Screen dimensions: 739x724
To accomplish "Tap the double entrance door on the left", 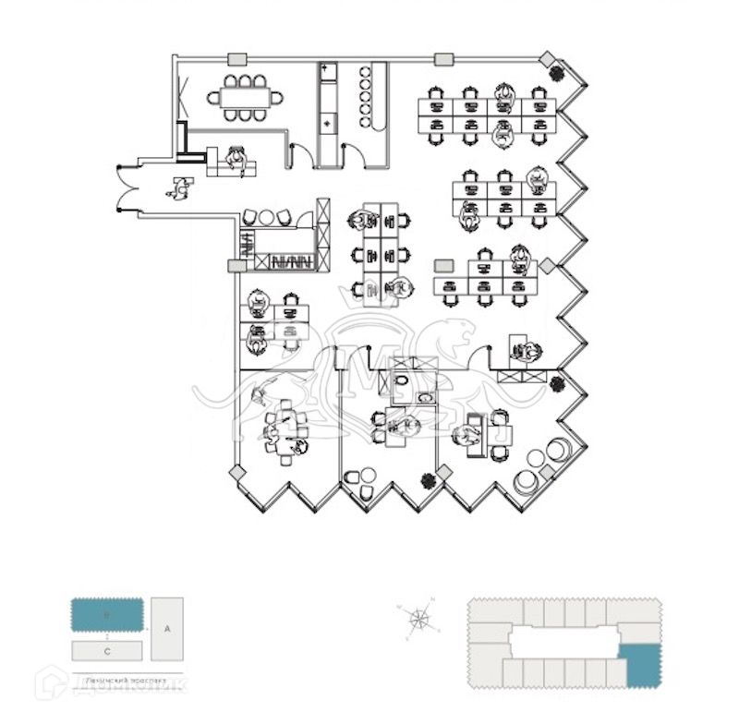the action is [120, 189].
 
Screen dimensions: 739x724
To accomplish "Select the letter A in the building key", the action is [167, 629].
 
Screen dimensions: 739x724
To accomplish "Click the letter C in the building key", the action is [107, 650].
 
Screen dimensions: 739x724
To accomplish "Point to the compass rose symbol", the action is [421, 619].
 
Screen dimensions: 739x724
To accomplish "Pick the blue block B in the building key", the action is [107, 614].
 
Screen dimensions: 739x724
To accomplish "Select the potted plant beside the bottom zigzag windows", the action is [428, 480].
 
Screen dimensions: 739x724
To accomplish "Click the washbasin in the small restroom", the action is [423, 397].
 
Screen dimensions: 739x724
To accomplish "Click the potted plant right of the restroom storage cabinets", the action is [557, 382].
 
